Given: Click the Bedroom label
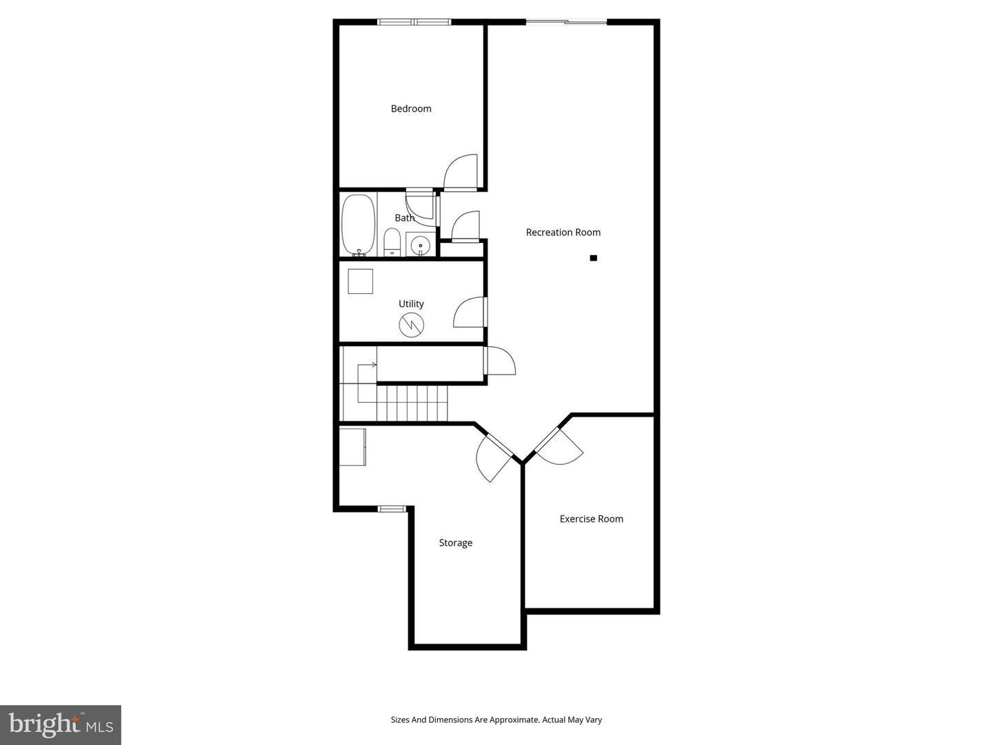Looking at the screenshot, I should click(x=411, y=108).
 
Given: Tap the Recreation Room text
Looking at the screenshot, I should click(x=563, y=232).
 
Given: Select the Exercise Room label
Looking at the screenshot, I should click(x=591, y=519).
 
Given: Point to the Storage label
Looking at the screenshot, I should click(x=455, y=543).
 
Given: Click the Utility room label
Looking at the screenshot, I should click(x=411, y=304).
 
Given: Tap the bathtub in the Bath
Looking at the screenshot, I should click(x=358, y=224).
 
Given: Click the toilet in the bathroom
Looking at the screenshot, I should click(x=392, y=242).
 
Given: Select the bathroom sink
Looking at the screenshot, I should click(x=420, y=245).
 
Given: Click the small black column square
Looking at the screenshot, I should click(x=593, y=258).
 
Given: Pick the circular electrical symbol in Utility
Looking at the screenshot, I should click(x=412, y=325).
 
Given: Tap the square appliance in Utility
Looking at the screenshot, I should click(x=360, y=281).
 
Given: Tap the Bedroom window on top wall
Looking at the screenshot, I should click(x=414, y=22).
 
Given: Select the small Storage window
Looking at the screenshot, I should click(x=392, y=509).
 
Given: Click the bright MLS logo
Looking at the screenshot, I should click(x=61, y=724).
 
